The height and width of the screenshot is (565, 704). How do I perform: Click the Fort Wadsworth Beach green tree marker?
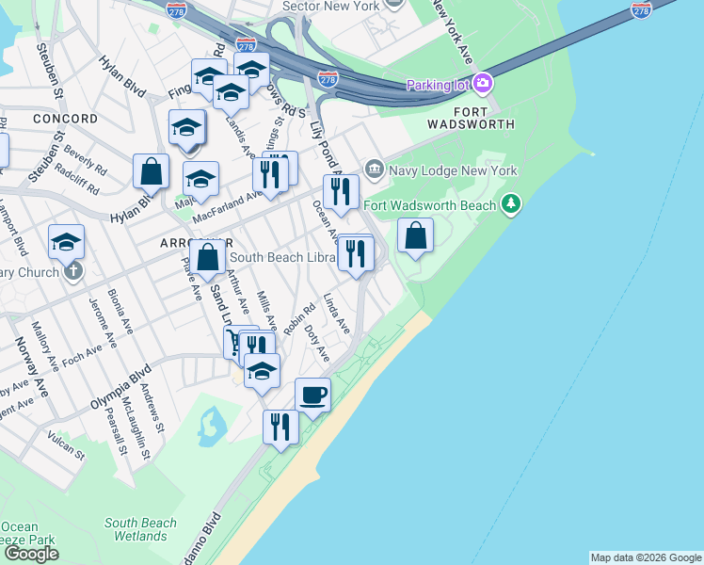coord(511,203)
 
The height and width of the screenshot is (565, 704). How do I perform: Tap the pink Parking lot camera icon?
coord(484,84)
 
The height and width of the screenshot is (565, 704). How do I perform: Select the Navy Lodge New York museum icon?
coord(375,169)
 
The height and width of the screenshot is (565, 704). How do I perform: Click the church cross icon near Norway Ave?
coord(73,271)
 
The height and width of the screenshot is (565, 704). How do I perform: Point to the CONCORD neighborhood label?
coord(65,119)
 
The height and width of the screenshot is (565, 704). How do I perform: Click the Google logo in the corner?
coord(31,553)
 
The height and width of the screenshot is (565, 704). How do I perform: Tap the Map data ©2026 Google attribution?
coord(646,557)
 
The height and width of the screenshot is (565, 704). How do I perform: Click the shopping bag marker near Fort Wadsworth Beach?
coord(415,235)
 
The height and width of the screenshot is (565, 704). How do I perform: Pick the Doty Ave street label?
coord(319,347)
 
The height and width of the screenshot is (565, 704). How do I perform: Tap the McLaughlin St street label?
coord(136,428)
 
